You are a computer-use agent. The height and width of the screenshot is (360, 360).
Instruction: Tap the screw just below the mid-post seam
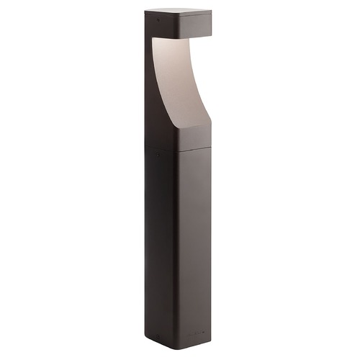click(x=158, y=153)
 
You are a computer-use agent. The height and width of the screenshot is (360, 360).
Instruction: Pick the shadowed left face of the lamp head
click(x=158, y=25)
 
